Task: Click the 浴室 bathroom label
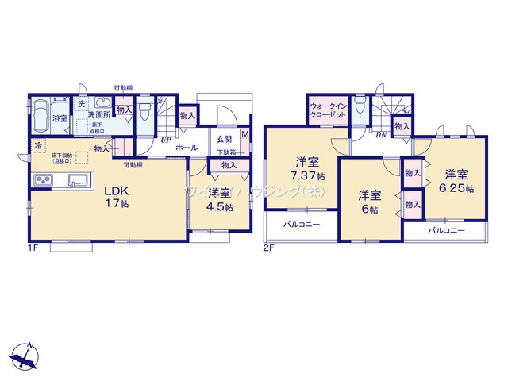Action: pos(60,118)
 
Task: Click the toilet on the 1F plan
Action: pos(144,112)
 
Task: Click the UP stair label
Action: pos(166,140)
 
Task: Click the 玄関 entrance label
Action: pos(224,140)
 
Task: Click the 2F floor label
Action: pos(268,248)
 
